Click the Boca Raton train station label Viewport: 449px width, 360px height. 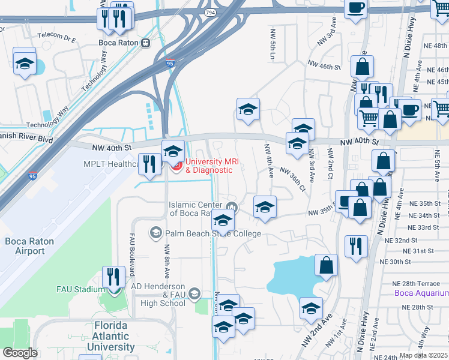pyautogui.click(x=118, y=43)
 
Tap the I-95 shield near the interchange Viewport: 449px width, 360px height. pyautogui.click(x=169, y=63)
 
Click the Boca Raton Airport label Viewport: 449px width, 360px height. pyautogui.click(x=29, y=246)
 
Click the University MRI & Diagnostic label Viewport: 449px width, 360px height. pyautogui.click(x=208, y=165)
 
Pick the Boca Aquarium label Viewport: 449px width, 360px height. pyautogui.click(x=421, y=293)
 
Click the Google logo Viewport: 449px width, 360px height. pyautogui.click(x=20, y=352)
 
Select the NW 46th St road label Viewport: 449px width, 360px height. pyautogui.click(x=324, y=65)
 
